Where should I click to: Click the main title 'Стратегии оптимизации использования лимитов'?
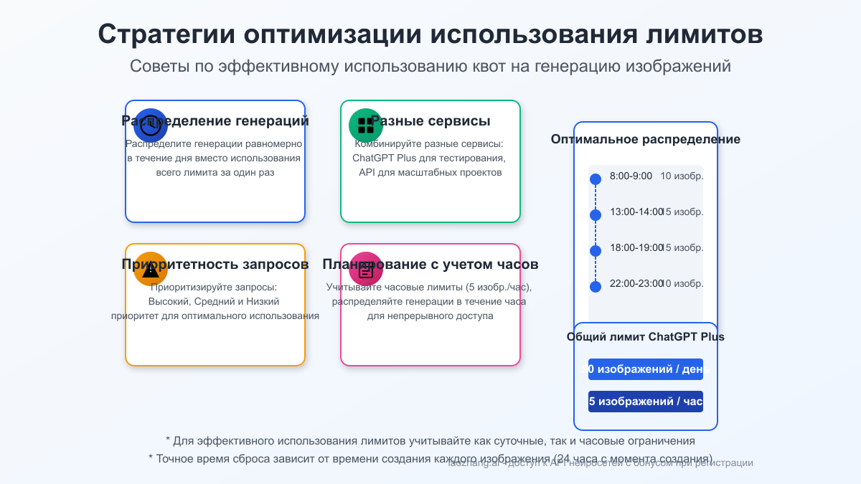430,34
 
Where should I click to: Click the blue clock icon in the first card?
151,125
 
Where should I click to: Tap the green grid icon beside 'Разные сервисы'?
366,125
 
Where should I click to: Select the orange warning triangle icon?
151,269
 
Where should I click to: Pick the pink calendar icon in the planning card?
366,269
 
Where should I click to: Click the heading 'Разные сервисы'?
430,120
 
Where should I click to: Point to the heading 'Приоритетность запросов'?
215,264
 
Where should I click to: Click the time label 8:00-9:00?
631,176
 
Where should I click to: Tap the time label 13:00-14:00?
636,212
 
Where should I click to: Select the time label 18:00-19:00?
636,247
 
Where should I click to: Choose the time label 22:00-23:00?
636,283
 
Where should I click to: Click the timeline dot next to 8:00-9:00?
595,179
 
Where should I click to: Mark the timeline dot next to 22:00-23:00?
595,287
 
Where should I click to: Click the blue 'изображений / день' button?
646,369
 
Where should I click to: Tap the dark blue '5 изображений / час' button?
646,402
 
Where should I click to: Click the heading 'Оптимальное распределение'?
646,139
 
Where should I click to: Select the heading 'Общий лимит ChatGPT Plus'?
646,336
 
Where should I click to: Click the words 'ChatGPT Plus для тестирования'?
429,158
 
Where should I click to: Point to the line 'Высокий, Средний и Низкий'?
214,301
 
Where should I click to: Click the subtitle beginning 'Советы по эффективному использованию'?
430,66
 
